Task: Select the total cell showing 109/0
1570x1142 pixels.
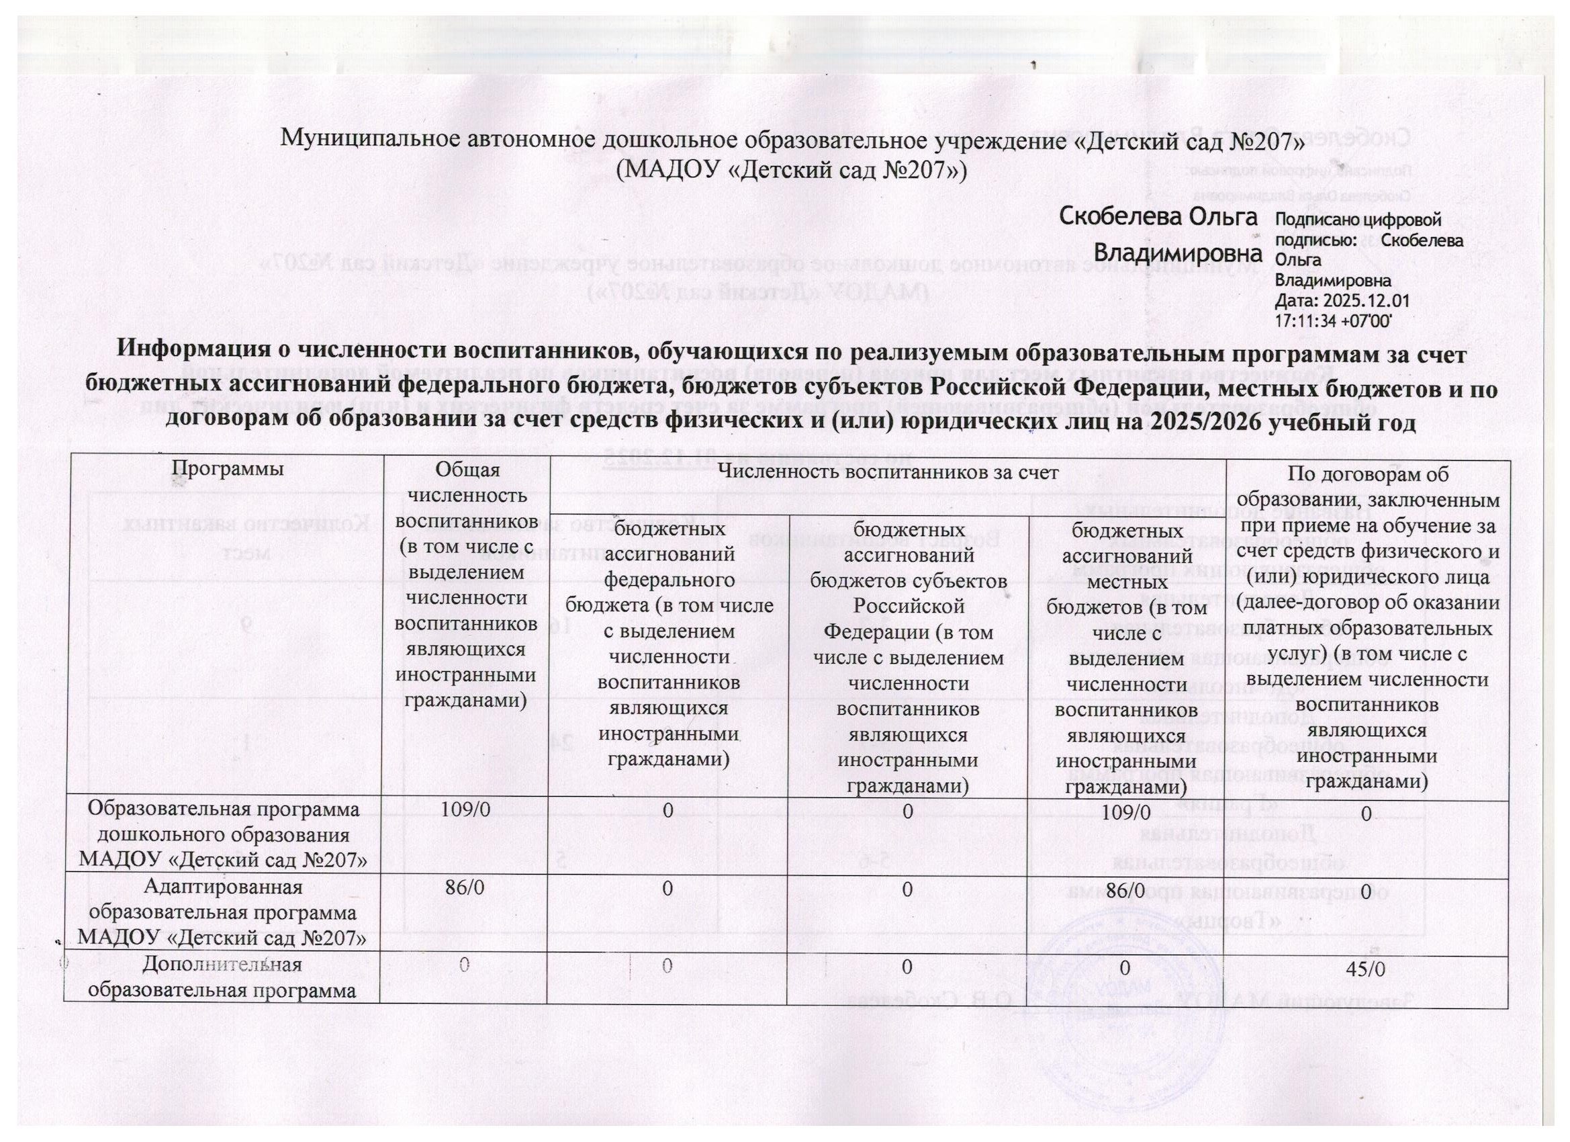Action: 467,811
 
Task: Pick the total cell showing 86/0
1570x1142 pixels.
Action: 467,890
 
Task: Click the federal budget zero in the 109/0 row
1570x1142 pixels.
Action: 667,811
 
